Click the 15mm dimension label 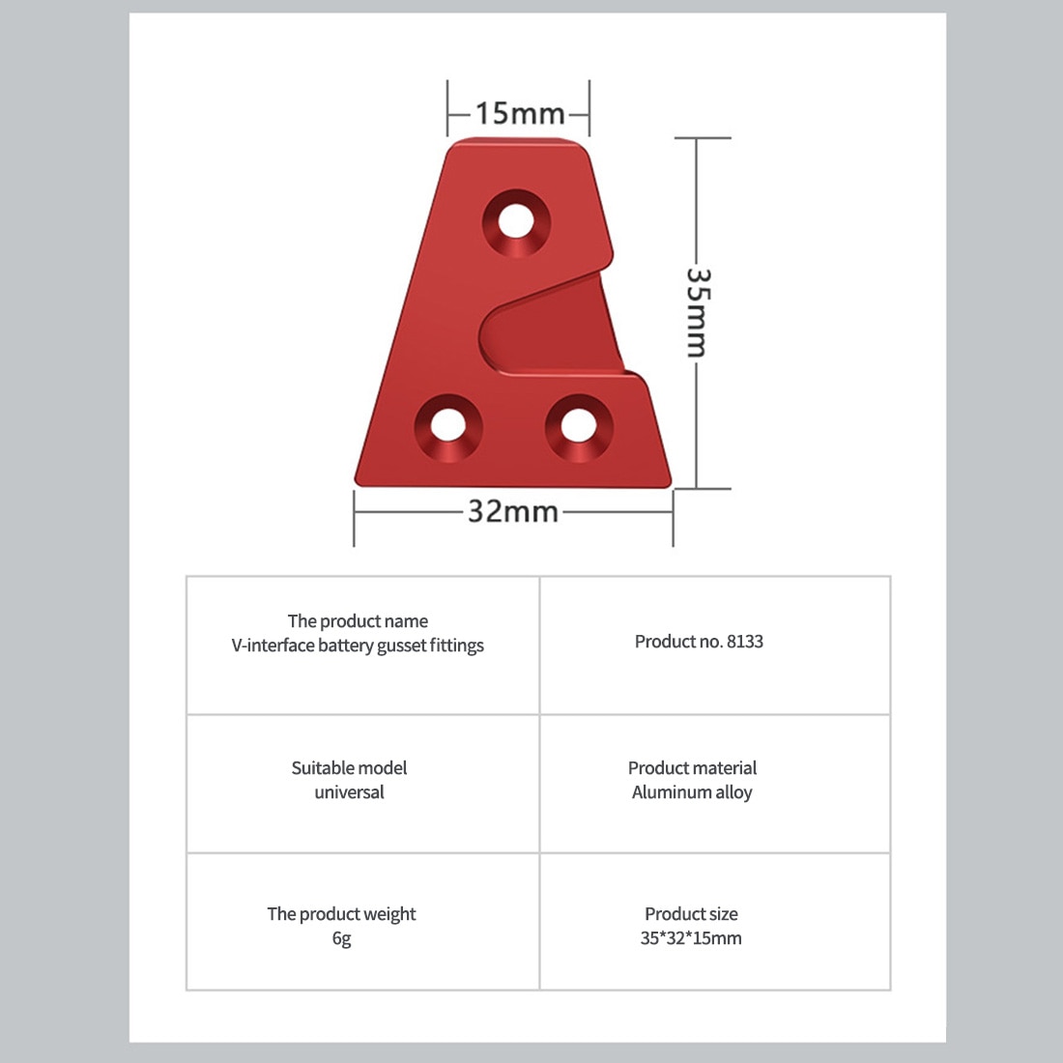pos(520,113)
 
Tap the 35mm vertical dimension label pos(698,312)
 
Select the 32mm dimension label pos(513,511)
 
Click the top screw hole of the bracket pos(517,222)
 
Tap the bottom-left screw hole pos(448,426)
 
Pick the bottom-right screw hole pos(579,427)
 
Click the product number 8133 pos(744,642)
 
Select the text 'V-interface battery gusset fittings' pos(358,646)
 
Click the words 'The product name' pos(358,621)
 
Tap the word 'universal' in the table pos(349,791)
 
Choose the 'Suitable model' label pos(349,768)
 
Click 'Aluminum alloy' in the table pos(692,792)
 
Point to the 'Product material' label pos(692,768)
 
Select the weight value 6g pos(342,939)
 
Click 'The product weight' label pos(342,914)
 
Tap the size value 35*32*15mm pos(691,938)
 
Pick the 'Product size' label pos(691,914)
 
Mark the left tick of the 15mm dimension pos(447,108)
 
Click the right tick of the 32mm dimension pos(674,518)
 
